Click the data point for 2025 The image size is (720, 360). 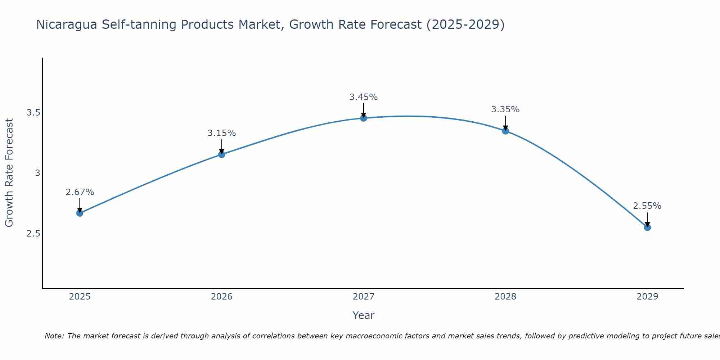pos(80,213)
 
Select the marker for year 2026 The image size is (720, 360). pos(222,154)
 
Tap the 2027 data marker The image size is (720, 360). pos(364,118)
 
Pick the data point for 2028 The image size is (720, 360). pos(505,131)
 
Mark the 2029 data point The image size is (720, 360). pos(647,228)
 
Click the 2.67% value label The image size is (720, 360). pos(80,192)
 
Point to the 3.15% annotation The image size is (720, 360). pos(222,133)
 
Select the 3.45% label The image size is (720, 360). pos(364,97)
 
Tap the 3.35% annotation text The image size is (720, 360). pos(505,109)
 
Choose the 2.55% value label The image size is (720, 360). pos(647,206)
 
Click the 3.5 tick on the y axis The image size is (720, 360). pos(33,113)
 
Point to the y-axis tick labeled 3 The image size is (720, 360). pos(37,173)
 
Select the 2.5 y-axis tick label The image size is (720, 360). pos(33,234)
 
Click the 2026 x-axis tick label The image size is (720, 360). pos(222,297)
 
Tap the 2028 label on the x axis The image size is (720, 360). pos(505,297)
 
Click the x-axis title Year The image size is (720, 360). pos(364,315)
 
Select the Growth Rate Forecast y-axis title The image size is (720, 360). pos(9,173)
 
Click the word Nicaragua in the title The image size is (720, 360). pos(66,25)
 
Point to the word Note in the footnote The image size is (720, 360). pos(54,336)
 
